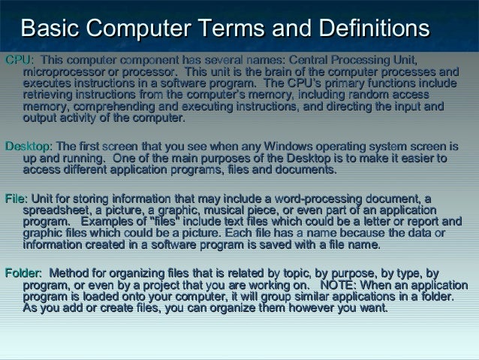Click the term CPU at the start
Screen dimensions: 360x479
click(16, 59)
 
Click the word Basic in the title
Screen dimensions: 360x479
click(50, 29)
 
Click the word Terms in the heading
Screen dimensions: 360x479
click(237, 29)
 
